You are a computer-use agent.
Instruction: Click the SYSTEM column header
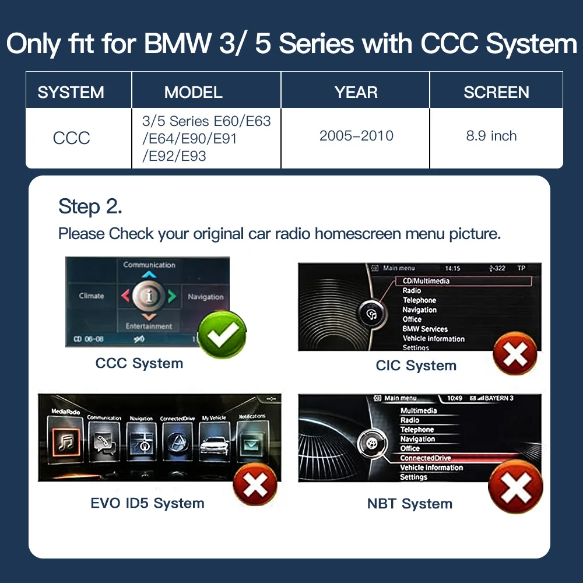(x=71, y=92)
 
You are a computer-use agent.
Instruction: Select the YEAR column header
(x=356, y=92)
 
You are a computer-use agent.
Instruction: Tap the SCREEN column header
(x=496, y=92)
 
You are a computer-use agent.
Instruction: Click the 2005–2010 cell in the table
(x=356, y=136)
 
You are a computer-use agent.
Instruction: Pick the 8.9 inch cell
(x=491, y=136)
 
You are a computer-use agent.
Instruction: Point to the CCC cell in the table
(x=71, y=138)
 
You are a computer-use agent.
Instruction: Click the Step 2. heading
(x=90, y=206)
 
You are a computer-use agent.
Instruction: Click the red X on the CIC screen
(x=515, y=353)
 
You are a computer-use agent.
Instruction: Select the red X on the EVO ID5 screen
(x=255, y=484)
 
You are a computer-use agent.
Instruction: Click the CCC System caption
(x=139, y=363)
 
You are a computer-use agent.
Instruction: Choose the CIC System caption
(x=416, y=366)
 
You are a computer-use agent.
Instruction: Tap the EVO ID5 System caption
(x=147, y=503)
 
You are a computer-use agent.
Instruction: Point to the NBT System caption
(x=409, y=504)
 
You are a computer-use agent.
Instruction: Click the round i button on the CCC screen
(x=149, y=296)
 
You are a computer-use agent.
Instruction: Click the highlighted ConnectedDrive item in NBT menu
(x=426, y=458)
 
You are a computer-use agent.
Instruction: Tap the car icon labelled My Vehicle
(x=213, y=443)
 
